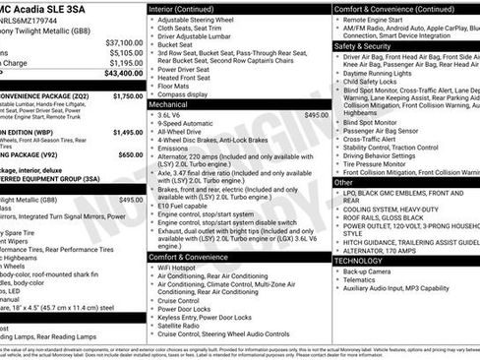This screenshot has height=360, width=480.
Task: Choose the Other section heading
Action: [x=344, y=182]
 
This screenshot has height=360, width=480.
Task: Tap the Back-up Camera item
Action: [x=374, y=270]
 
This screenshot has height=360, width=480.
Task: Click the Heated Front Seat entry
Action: [x=187, y=75]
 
